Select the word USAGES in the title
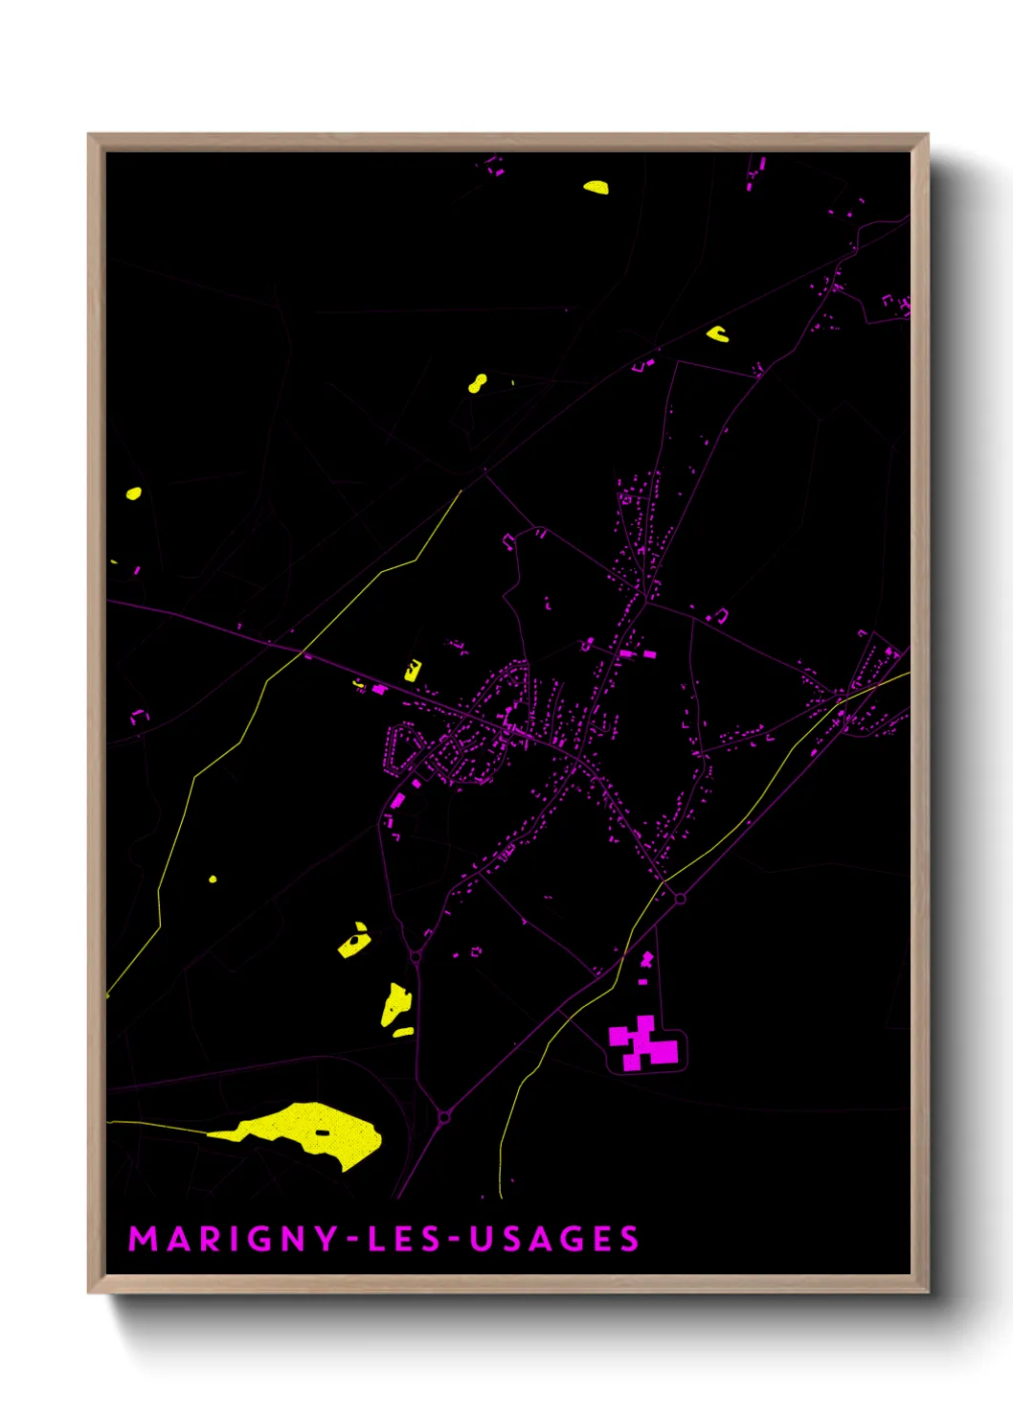554,1239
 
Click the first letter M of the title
142,1239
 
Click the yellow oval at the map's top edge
596,187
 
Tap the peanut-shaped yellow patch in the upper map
477,384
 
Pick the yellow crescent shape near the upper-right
717,334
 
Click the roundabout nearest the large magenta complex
680,898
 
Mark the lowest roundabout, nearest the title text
444,1117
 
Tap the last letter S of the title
629,1239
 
